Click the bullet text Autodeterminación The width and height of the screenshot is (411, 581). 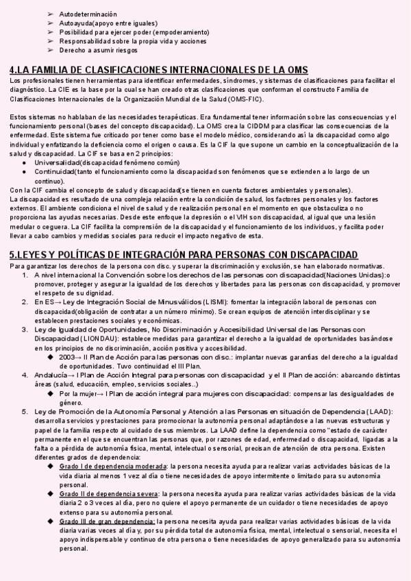[x=88, y=14]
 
